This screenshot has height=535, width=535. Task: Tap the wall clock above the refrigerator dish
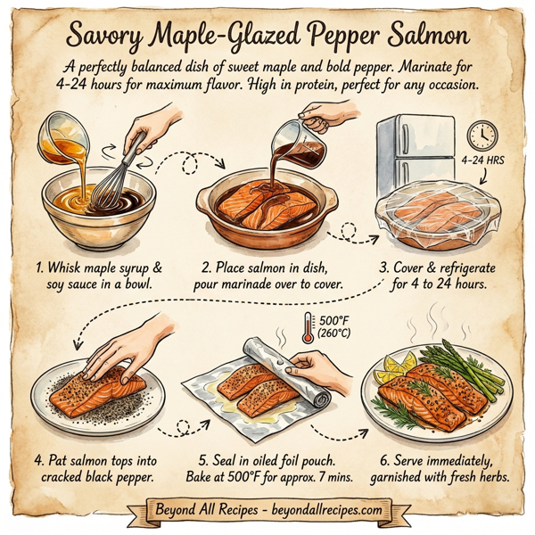tap(482, 135)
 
